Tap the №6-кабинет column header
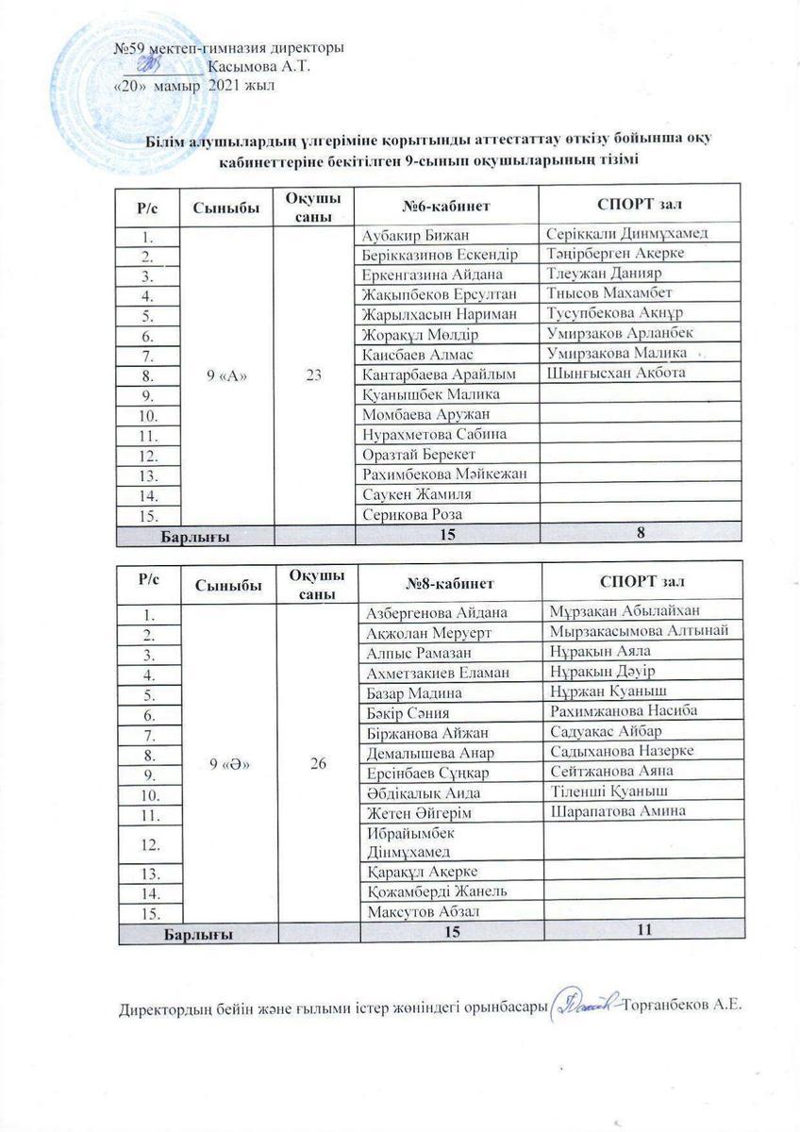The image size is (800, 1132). click(446, 205)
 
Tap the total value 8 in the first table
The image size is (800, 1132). click(641, 535)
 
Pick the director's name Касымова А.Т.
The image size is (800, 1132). click(258, 66)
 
